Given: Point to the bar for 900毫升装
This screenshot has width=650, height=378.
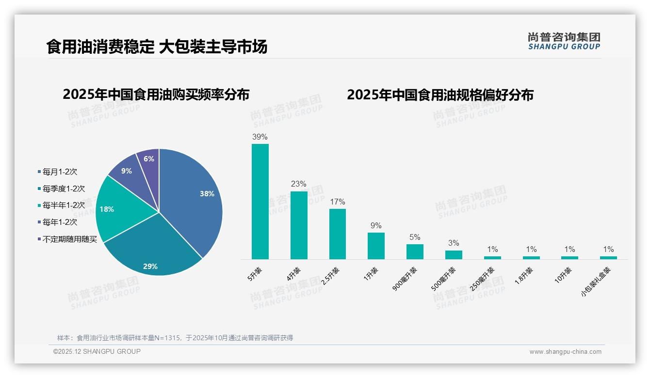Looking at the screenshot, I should pos(415,252).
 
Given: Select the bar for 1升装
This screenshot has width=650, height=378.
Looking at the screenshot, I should pos(376,246).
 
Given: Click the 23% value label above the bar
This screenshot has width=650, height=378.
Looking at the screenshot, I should pos(299,184).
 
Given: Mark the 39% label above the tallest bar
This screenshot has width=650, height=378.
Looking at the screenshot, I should pos(260,137).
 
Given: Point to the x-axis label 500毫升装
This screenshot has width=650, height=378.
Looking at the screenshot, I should pos(444,279).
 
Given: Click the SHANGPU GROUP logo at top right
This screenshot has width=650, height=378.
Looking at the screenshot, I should pos(564,41).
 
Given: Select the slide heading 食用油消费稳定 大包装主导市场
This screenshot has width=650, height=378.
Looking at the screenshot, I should pos(157,47).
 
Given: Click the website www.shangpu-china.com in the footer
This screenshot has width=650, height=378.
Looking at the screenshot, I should pos(565,352).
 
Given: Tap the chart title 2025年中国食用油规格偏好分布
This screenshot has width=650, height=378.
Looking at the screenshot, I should pos(440,95).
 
